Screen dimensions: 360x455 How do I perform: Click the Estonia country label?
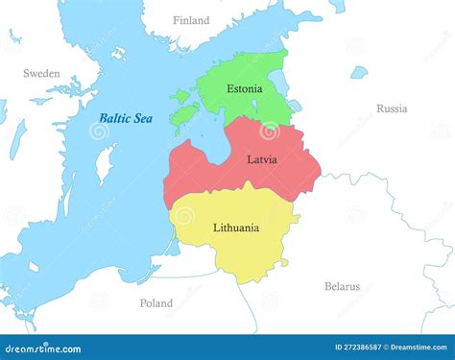(244, 89)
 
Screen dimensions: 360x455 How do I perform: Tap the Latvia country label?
(261, 159)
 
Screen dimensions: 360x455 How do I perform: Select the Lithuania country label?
(235, 228)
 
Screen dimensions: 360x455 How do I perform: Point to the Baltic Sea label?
(126, 118)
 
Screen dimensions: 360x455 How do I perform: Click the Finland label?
(191, 20)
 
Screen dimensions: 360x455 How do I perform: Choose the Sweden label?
(41, 73)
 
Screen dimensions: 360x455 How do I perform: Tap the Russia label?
(392, 108)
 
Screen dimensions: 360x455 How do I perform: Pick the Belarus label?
(342, 286)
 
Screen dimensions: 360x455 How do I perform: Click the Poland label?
(156, 303)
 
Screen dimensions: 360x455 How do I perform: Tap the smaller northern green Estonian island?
(182, 95)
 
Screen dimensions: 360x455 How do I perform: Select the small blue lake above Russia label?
(358, 72)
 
